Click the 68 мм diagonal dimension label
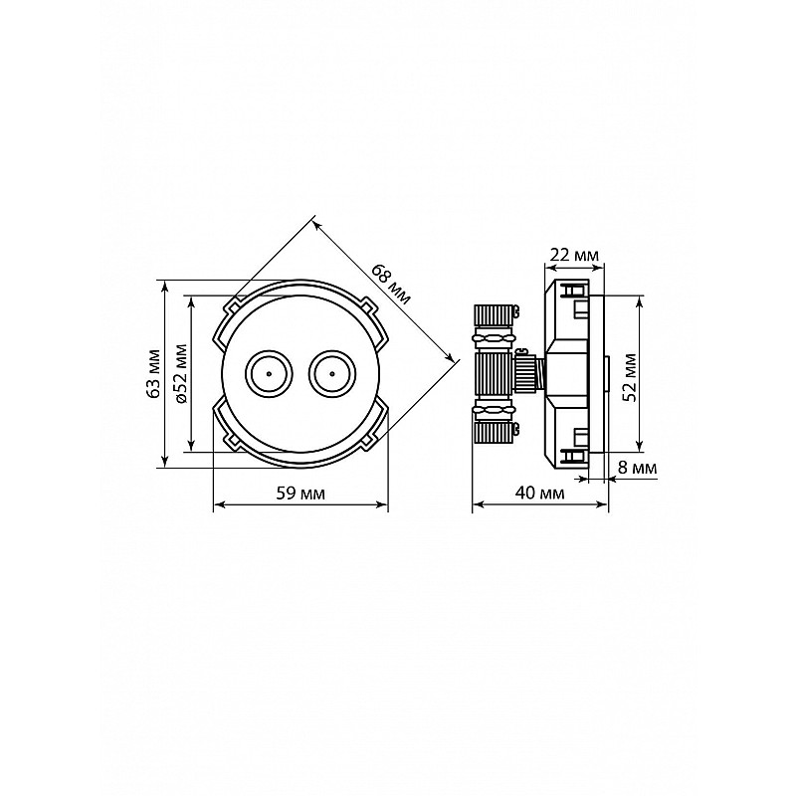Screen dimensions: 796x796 390,285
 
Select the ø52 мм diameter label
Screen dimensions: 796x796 180,373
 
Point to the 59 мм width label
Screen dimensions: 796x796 300,493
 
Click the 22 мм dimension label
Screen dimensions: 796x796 575,255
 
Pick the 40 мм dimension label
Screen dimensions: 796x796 539,493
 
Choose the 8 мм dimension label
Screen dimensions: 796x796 638,468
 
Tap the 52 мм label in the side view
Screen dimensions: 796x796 630,377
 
